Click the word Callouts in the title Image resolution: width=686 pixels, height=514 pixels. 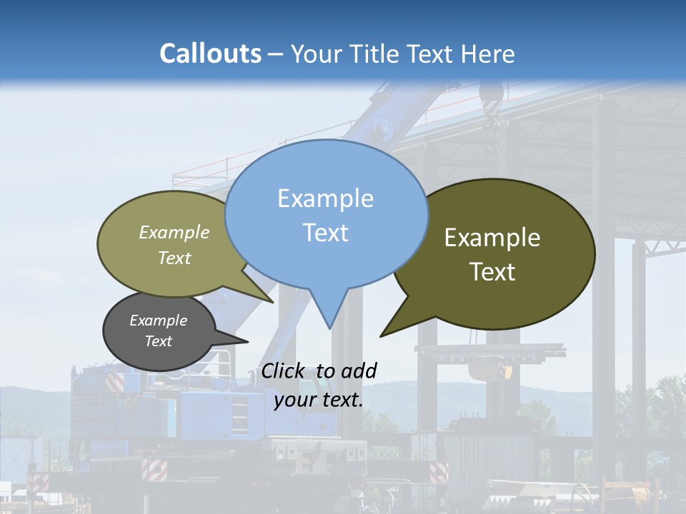coord(210,54)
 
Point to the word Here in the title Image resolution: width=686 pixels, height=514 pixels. coord(488,54)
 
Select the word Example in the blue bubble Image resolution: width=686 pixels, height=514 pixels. coord(325,198)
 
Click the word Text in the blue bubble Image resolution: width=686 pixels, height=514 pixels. coord(325,233)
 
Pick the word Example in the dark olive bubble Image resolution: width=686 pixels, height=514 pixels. coord(492,238)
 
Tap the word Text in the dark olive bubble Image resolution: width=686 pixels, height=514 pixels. coord(492,272)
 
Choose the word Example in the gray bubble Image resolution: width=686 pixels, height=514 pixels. coord(158,321)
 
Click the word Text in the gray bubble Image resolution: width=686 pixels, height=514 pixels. coord(158,341)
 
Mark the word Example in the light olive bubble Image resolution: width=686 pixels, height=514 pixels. coord(174,233)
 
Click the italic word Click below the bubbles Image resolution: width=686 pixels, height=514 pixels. coord(284,371)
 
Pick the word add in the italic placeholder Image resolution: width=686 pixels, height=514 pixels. coord(358,371)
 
